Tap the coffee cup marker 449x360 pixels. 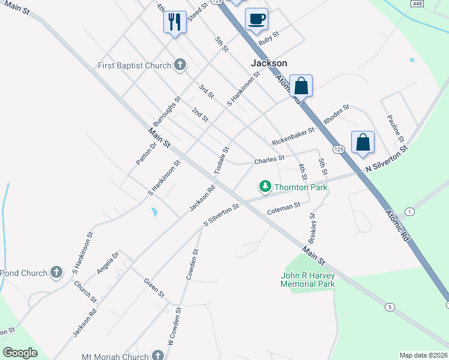coord(256,18)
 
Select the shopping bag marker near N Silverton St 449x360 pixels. coord(363,143)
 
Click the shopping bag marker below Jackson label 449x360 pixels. coord(301,86)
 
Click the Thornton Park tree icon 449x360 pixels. coord(265,187)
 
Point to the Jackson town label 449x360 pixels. coord(268,63)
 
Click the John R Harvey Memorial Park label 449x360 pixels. coord(307,280)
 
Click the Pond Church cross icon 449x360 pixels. coord(56,273)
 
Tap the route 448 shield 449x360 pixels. coord(417,4)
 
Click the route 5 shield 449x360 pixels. coord(390,307)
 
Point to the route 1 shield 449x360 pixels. coord(409,212)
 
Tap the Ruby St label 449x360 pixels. coord(269,38)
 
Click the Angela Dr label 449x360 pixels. coord(109,262)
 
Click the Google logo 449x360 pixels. coord(20,353)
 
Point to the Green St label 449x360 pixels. coord(154,287)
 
